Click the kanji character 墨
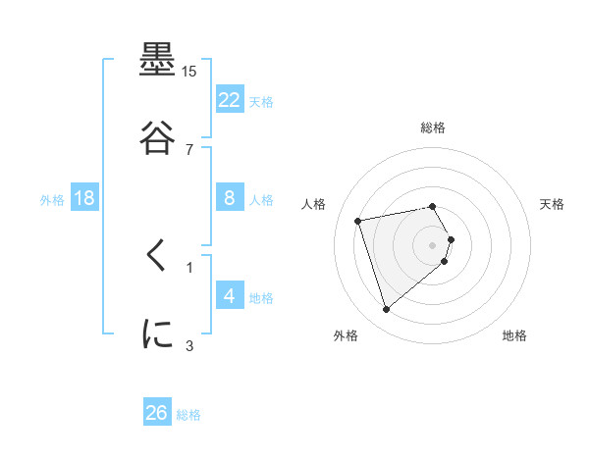pyautogui.click(x=158, y=61)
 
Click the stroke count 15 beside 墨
pyautogui.click(x=189, y=72)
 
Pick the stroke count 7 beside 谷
pyautogui.click(x=189, y=149)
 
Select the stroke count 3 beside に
pyautogui.click(x=189, y=345)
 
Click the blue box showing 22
pyautogui.click(x=230, y=99)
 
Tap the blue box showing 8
pyautogui.click(x=230, y=198)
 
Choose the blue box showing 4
pyautogui.click(x=230, y=295)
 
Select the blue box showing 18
pyautogui.click(x=84, y=198)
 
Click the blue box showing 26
pyautogui.click(x=157, y=413)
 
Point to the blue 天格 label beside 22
pyautogui.click(x=261, y=101)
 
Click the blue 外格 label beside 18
pyautogui.click(x=52, y=199)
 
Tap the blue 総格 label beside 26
pyautogui.click(x=188, y=415)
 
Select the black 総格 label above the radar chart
pyautogui.click(x=433, y=128)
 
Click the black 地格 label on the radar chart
pyautogui.click(x=514, y=336)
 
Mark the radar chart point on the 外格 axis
pyautogui.click(x=387, y=310)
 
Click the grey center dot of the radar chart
pyautogui.click(x=432, y=245)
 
